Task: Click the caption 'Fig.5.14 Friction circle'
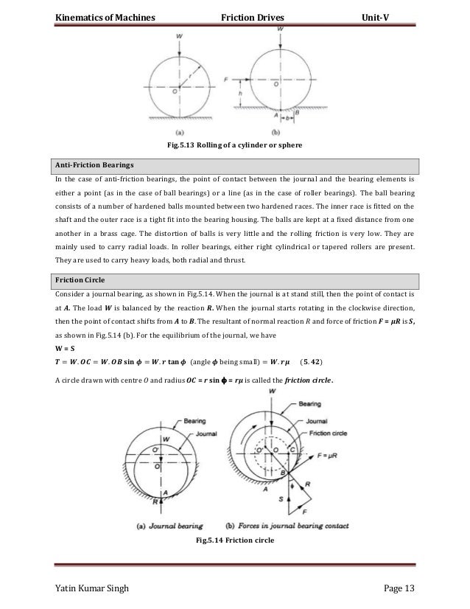(234, 541)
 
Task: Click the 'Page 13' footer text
(399, 588)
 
